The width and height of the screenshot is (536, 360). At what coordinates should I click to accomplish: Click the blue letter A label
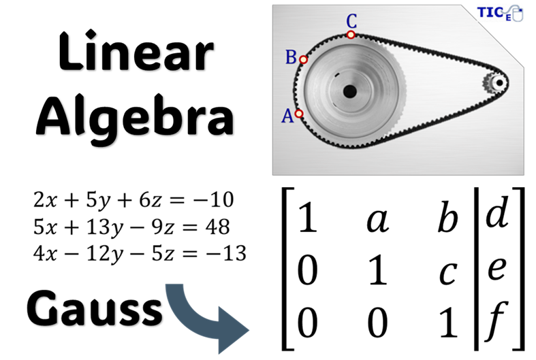(x=287, y=116)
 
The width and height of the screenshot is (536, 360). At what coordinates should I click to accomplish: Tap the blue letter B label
(x=291, y=57)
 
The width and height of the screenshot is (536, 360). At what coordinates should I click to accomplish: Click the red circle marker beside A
(x=299, y=114)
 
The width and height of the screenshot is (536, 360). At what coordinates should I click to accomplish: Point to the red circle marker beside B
(x=304, y=60)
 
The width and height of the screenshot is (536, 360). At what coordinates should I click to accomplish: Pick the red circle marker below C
(x=351, y=35)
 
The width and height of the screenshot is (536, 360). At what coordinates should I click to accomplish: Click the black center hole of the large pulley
(x=349, y=91)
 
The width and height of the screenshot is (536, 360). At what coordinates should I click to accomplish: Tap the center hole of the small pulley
(x=499, y=83)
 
